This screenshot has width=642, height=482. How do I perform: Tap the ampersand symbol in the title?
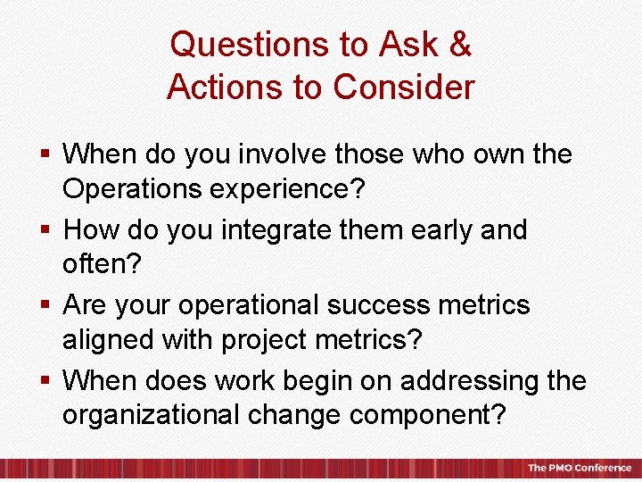coord(459,45)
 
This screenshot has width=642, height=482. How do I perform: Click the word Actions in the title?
coord(222,87)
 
